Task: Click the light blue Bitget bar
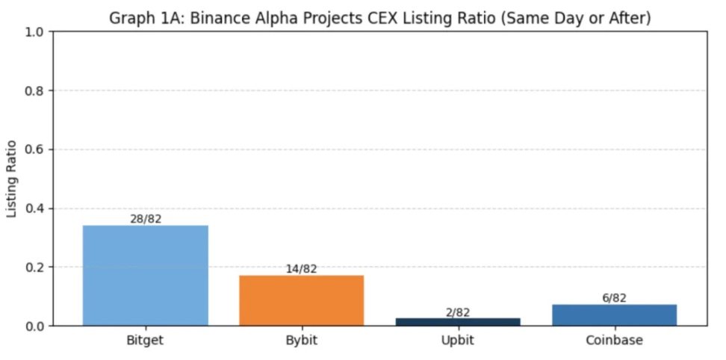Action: [145, 276]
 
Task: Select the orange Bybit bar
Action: [301, 300]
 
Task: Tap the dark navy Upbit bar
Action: [458, 322]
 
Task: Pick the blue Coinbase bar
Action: [614, 315]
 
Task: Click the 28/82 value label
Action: [145, 219]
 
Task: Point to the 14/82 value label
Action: [301, 269]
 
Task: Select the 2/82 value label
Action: [458, 312]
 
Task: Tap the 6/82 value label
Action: [614, 298]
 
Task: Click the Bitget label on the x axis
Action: [145, 341]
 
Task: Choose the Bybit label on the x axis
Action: [301, 341]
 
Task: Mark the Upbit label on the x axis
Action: [458, 341]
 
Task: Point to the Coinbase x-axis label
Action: [614, 341]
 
